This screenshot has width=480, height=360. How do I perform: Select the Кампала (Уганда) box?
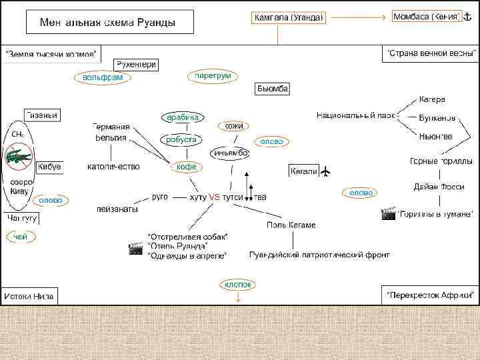point(289,17)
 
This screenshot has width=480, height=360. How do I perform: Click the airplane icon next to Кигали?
point(326,172)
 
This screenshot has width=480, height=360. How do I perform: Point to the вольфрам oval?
point(103,78)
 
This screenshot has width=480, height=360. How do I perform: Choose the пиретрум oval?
point(213,76)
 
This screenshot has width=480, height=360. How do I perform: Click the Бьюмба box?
point(272,89)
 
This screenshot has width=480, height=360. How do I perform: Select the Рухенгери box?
point(136,65)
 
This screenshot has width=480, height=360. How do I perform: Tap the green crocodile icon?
point(18,158)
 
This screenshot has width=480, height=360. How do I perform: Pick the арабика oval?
point(183,117)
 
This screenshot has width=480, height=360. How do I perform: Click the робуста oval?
point(181,139)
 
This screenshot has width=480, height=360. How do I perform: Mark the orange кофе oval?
point(186,167)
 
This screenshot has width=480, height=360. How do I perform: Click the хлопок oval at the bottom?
point(238,285)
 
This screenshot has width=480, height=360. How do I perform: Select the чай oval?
point(21,236)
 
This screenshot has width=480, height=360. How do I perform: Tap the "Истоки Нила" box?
point(30,295)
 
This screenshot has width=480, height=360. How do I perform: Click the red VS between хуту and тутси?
point(214,197)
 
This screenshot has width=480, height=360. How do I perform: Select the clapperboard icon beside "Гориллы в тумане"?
point(387,214)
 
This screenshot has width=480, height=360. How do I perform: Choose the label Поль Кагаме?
point(291,225)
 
